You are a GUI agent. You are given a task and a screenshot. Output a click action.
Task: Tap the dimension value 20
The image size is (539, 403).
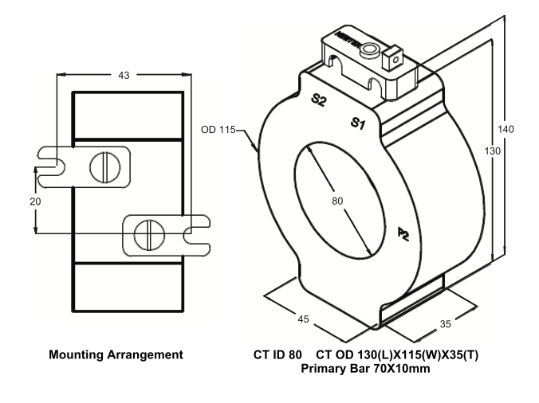click(x=35, y=201)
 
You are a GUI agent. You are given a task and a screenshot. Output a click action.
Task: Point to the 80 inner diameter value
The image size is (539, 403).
click(x=337, y=201)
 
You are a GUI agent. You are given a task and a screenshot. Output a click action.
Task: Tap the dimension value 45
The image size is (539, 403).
click(x=303, y=319)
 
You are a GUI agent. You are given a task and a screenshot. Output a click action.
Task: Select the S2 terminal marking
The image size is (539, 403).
click(x=319, y=100)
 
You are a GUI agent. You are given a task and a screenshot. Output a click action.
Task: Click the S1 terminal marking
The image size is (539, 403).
click(x=359, y=123)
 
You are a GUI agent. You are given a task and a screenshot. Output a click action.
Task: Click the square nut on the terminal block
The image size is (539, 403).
click(x=391, y=58)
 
